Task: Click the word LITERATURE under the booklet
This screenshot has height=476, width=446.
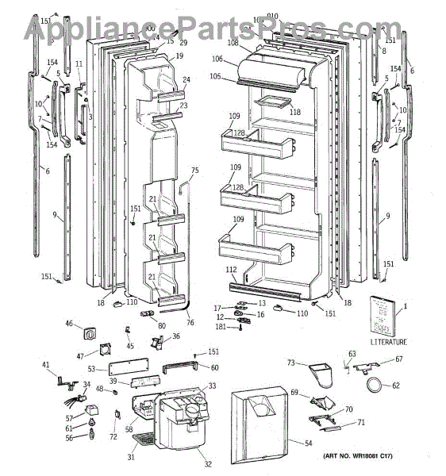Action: click(387, 342)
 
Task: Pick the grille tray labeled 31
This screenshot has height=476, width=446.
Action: click(142, 437)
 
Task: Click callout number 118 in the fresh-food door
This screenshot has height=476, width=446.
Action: click(294, 113)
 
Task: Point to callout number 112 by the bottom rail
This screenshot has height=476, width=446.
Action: click(231, 270)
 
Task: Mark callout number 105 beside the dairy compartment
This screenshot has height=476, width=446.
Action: click(215, 76)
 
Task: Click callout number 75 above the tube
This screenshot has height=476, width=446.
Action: click(194, 171)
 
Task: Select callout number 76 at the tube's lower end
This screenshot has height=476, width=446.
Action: click(190, 322)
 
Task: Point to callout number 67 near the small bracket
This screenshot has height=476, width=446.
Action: click(399, 359)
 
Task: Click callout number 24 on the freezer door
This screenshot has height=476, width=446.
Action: click(186, 80)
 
